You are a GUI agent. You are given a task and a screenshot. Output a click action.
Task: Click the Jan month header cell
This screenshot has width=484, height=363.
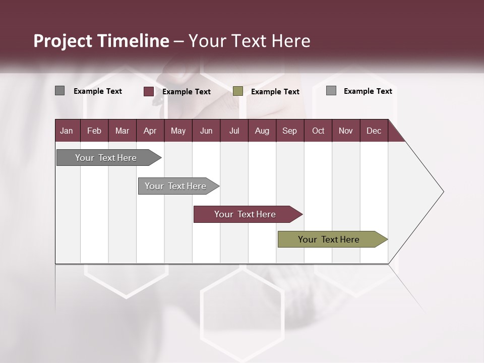pos(67,131)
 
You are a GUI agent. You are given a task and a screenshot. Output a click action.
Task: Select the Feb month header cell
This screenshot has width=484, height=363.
pos(94,131)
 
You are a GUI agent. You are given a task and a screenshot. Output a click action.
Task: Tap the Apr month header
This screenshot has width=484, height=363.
pos(150,131)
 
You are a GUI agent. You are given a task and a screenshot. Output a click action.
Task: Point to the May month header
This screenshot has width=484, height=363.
pos(178,131)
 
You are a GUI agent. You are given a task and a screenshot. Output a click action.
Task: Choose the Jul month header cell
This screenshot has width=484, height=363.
pos(234,131)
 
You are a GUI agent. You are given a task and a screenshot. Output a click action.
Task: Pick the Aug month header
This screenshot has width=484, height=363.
pos(262,131)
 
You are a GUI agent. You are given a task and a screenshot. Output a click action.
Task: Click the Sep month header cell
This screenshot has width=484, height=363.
pos(290,131)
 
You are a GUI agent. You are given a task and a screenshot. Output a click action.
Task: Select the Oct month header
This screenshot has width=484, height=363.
pos(318,131)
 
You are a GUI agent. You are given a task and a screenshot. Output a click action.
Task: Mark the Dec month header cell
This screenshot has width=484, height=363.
pos(374,131)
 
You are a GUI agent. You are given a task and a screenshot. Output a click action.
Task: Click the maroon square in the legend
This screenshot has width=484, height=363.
pos(149,91)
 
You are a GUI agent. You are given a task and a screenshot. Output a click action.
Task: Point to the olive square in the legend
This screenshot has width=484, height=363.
pos(238,91)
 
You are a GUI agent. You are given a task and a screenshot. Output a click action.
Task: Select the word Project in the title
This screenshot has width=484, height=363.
pos(63,41)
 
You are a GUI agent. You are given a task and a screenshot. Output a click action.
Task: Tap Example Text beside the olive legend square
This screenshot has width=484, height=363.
pos(275,92)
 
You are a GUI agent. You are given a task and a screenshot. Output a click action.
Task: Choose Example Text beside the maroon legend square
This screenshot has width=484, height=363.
pos(187,92)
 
